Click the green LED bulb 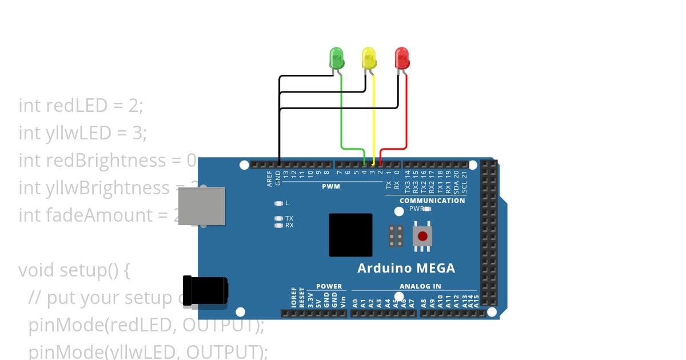tap(337, 58)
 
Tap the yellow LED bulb tap(369, 58)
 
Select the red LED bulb tap(402, 58)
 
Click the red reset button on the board tap(422, 236)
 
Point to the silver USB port tap(201, 206)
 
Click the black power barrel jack tap(204, 293)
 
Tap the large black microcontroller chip tap(350, 235)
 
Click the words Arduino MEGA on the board tap(406, 268)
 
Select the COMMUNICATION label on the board tap(432, 201)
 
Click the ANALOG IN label tap(420, 286)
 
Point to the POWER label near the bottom tap(329, 286)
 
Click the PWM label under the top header tap(331, 186)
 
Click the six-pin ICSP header tap(396, 236)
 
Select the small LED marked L tap(279, 203)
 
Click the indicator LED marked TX tap(279, 218)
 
